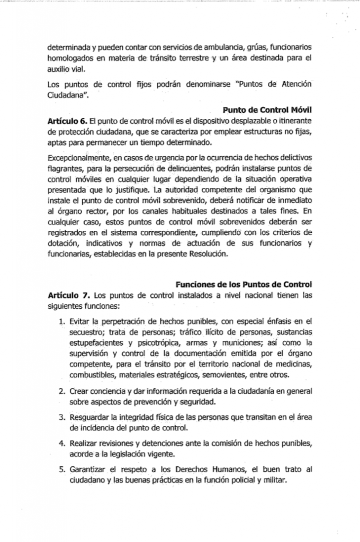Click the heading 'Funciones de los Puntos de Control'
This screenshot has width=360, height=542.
pos(243,284)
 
